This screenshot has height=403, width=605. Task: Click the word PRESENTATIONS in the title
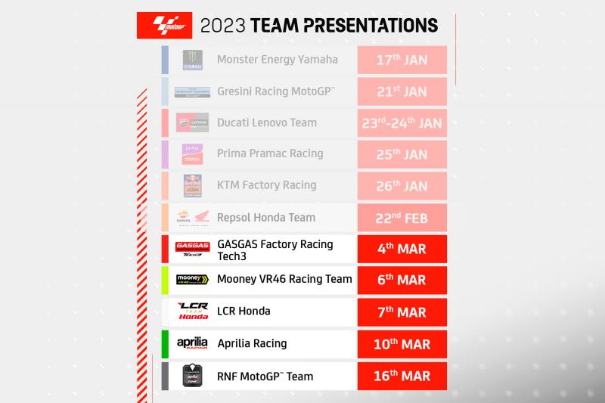coord(370,25)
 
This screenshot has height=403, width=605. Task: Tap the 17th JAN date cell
coord(402,60)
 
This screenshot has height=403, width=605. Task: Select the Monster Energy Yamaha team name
coord(277,60)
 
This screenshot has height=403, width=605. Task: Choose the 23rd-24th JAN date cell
coord(402,122)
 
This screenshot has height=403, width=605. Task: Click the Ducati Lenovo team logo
coord(192,122)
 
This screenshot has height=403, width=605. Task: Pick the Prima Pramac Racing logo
coord(192,153)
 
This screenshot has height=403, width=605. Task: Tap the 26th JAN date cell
coord(402,185)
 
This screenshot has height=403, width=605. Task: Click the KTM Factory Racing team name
coord(266,185)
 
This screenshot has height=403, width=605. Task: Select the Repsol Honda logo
coord(192,217)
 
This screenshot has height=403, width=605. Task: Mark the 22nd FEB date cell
coord(402,217)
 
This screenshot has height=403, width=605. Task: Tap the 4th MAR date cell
coord(402,249)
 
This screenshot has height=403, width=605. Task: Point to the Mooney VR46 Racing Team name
coord(284,280)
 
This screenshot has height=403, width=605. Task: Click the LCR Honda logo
coord(192,311)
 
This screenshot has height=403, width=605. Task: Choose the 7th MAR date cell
coord(402,312)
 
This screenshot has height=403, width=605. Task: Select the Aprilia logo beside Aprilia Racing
coord(192,343)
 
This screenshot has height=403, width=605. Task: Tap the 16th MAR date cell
coord(402,376)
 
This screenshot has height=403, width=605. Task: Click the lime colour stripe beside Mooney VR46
coord(165,280)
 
